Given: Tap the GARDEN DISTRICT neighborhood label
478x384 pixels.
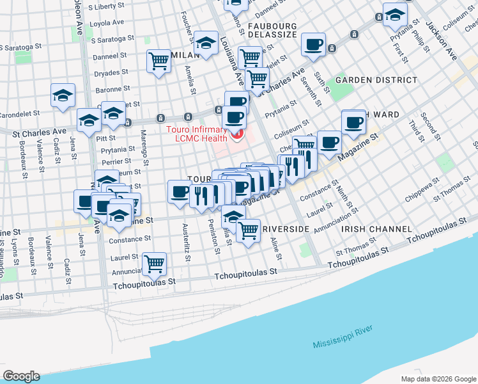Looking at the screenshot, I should [376, 80].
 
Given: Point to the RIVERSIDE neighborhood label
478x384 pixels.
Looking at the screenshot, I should [285, 228].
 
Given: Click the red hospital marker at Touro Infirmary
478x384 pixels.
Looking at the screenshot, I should [238, 134].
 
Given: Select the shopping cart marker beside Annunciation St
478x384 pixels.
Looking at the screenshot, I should [154, 262].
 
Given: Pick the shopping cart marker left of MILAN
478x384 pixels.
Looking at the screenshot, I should [158, 62].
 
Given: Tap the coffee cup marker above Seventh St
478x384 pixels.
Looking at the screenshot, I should [313, 45].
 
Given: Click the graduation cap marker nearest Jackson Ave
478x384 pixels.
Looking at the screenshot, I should [395, 14].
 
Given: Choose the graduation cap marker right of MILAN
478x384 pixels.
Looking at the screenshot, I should [206, 43].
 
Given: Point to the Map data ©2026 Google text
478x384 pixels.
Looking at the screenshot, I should [438, 379].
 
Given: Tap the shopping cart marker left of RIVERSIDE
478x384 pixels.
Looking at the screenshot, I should [248, 230].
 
